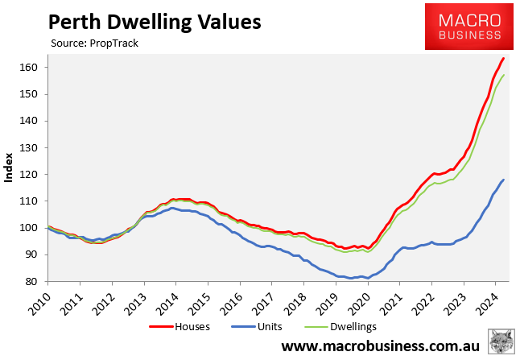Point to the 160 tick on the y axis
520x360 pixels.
[x=30, y=68]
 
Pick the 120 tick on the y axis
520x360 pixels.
[x=30, y=174]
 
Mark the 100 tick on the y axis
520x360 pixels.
[x=30, y=228]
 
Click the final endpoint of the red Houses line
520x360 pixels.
[x=504, y=58]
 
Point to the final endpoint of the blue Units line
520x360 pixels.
[x=504, y=180]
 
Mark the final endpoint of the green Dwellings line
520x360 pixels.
[x=504, y=76]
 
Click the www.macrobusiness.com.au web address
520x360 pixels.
[x=380, y=347]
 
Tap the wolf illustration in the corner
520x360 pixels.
[x=503, y=341]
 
